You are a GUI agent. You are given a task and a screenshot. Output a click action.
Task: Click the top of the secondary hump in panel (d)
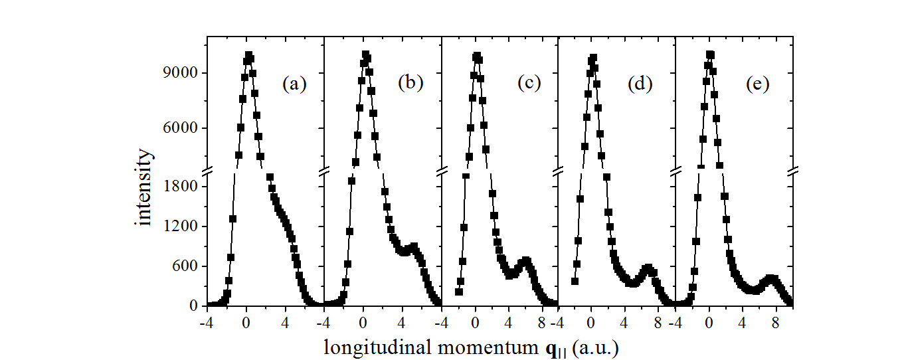[x=648, y=268]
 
